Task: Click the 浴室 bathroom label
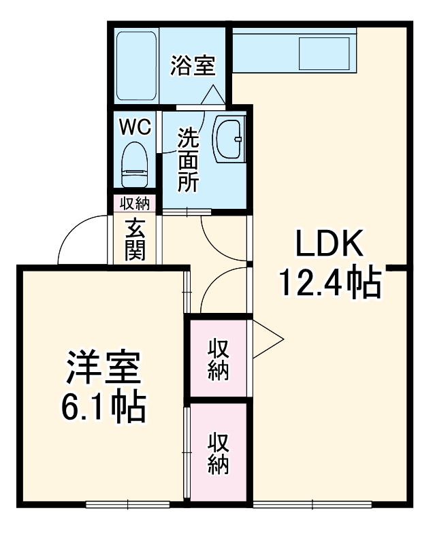(193, 65)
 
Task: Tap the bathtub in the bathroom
(136, 66)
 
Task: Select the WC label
(135, 127)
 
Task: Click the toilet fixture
(134, 165)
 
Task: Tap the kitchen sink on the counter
(324, 53)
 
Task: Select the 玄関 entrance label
(135, 239)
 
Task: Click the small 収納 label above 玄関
(135, 203)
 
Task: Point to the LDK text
(329, 244)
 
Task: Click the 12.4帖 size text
(330, 282)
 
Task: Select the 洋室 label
(103, 368)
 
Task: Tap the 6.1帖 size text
(103, 407)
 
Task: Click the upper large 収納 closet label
(219, 358)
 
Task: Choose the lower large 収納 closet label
(219, 453)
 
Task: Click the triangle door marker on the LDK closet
(268, 339)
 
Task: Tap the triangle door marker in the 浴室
(213, 95)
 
